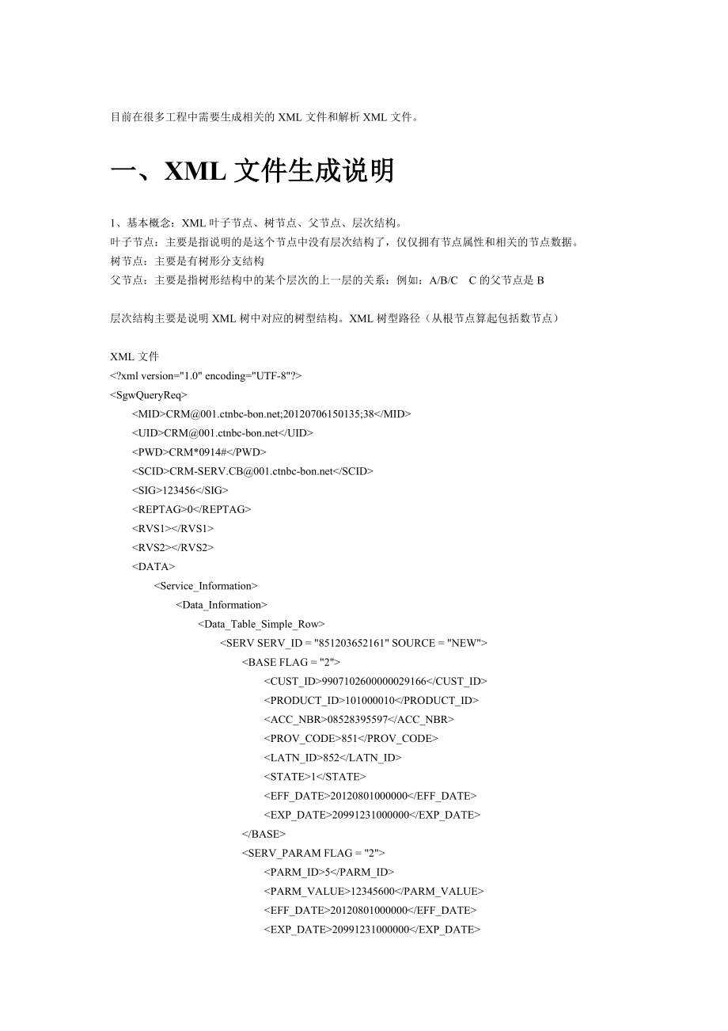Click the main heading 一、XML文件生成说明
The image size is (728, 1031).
[x=252, y=171]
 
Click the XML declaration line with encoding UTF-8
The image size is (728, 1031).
[x=206, y=375]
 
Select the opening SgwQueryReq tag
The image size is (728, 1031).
[x=149, y=394]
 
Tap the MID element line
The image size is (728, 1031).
[x=271, y=413]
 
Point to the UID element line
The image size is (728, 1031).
[x=222, y=432]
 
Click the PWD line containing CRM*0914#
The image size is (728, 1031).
[x=199, y=451]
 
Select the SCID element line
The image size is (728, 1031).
[x=252, y=471]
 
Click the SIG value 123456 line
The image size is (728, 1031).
[x=180, y=490]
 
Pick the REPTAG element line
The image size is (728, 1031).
[x=191, y=509]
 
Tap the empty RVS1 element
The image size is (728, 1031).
[x=173, y=528]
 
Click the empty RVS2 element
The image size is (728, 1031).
[x=173, y=547]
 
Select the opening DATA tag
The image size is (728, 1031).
[x=154, y=566]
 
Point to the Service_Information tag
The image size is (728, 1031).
[x=206, y=586]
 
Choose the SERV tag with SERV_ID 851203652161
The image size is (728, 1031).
[x=353, y=643]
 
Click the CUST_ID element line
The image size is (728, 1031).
[x=374, y=681]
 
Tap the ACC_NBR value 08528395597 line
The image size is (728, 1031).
[x=358, y=719]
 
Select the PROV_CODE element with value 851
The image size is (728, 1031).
[x=351, y=738]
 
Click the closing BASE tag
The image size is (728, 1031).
[x=264, y=834]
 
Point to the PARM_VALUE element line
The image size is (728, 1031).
[x=373, y=891]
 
